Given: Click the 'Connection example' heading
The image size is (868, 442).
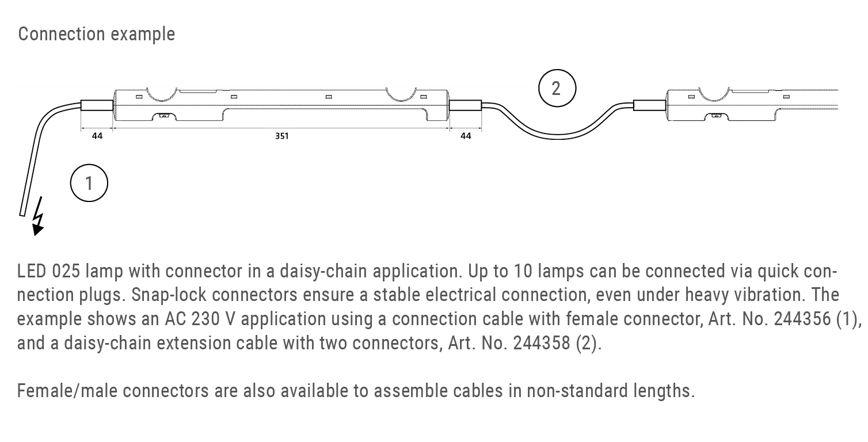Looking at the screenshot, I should click(x=96, y=34).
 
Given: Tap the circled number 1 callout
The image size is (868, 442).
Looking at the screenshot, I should click(x=89, y=183).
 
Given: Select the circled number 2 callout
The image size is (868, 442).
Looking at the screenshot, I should click(x=556, y=89).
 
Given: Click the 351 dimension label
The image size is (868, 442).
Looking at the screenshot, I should click(x=281, y=136).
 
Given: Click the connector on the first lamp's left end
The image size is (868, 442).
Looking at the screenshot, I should click(x=96, y=105).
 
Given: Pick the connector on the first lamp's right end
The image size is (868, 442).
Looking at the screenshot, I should click(x=465, y=105).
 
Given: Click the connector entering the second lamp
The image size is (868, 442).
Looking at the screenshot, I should click(x=649, y=105).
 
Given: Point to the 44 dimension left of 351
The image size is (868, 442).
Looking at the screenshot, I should click(x=97, y=136).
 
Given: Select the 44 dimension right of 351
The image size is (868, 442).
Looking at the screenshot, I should click(x=466, y=136).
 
